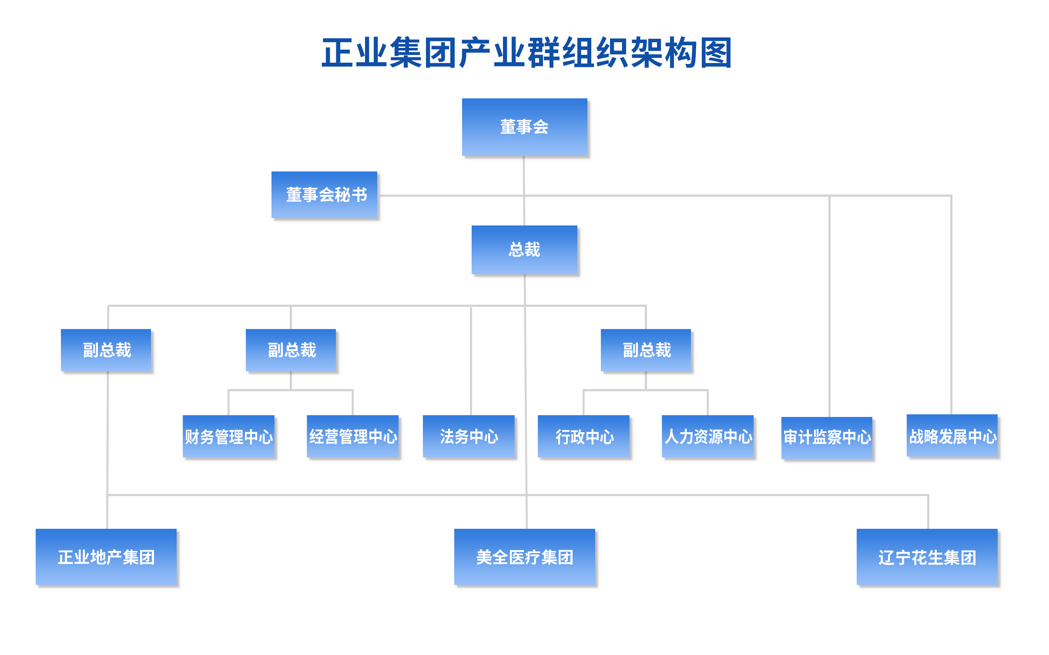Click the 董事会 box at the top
pos(524,127)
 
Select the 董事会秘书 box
pos(324,195)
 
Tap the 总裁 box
pos(524,249)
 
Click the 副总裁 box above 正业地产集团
pos(106,350)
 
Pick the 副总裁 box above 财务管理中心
pos(291,350)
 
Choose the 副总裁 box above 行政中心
pos(646,350)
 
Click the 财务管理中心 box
pos(228,436)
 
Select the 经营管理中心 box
pos(352,436)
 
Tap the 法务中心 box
pos(469,436)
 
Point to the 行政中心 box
pos(583,436)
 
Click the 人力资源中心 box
pos(707,436)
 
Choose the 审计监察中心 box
pos(827,437)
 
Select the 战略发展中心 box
pos(952,435)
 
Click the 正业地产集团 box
pos(106,557)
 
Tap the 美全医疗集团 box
pos(524,557)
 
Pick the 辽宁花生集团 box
pos(927,557)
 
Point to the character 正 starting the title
pos(338,53)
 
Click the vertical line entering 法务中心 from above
pos(471,361)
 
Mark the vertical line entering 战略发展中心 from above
pos(951,305)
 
